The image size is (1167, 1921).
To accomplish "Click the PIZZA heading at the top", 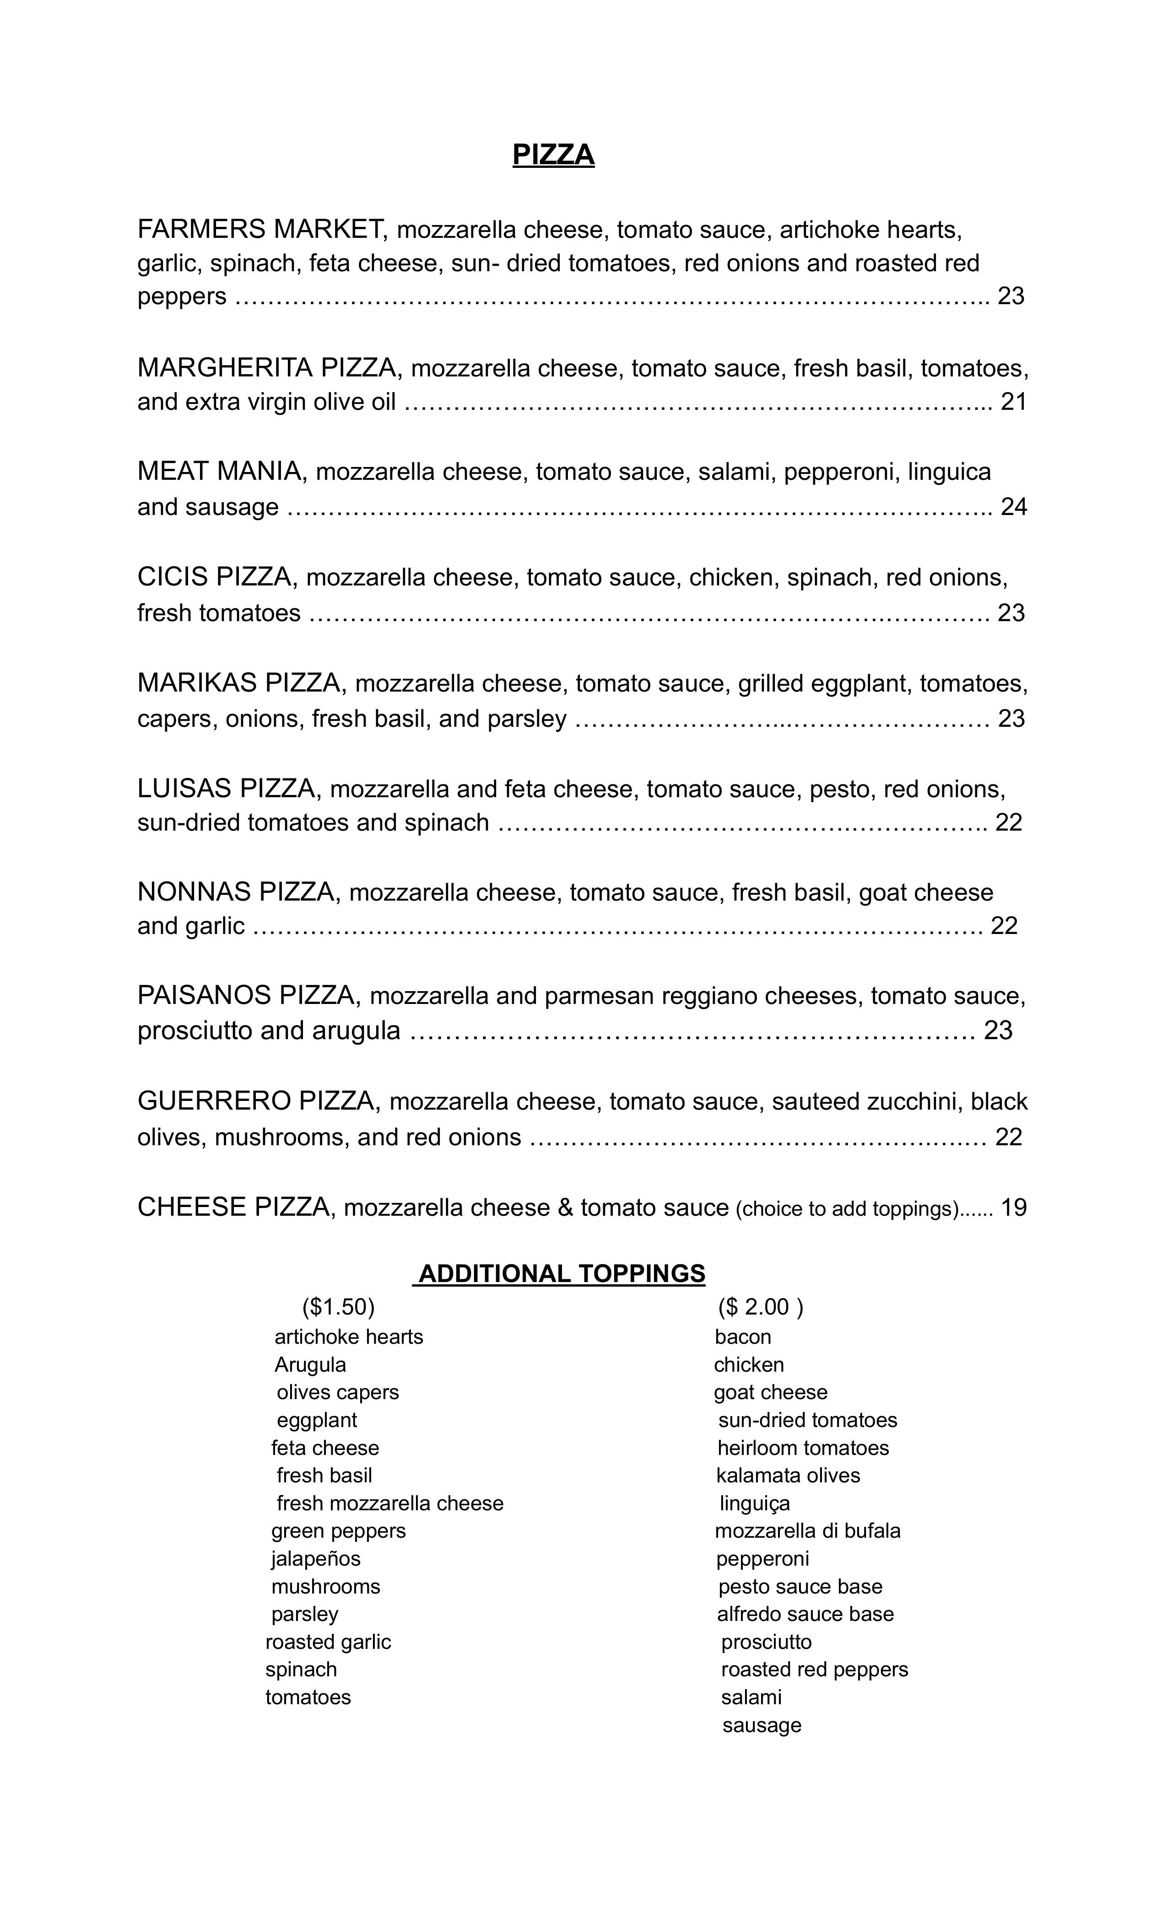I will [553, 155].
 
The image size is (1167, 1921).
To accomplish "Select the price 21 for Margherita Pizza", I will [1013, 402].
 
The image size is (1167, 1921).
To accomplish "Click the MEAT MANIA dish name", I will [218, 471].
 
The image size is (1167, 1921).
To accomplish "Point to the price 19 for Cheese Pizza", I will [1013, 1207].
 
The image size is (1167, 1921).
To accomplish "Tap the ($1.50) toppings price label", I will [339, 1306].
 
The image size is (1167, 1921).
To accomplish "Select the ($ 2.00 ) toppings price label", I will [760, 1306].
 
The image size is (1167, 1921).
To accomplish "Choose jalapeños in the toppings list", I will [316, 1558].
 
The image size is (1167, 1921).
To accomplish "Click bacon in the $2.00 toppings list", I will [743, 1337].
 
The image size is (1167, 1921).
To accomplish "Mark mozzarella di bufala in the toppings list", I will [807, 1530].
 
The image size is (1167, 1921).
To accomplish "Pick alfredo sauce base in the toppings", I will [805, 1614].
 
